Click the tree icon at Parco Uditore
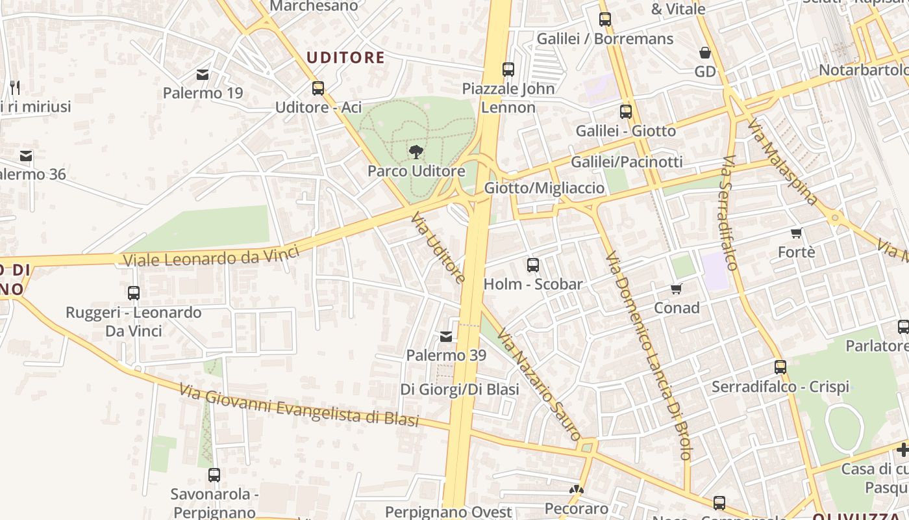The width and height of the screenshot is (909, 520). point(416,152)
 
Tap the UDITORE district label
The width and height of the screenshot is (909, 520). point(345,58)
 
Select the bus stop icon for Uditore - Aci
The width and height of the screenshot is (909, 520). point(318,88)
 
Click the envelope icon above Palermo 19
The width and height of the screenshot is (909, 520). point(203,75)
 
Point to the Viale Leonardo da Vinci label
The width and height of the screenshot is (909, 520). point(211,256)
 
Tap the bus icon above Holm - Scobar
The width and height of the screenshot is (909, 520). point(533,265)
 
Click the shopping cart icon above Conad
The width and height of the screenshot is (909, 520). point(677,289)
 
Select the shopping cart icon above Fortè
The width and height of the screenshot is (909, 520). point(797,233)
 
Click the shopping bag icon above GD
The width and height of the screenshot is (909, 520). point(705,53)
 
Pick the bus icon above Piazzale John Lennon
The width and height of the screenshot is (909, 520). point(508,69)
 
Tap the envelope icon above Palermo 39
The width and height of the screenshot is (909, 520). point(446,337)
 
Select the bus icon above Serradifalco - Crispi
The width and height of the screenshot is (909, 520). point(780,367)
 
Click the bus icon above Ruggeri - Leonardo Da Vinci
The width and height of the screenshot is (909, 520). point(134,293)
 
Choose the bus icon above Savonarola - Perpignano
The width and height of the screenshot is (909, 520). point(214,475)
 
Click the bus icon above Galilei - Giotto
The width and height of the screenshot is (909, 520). point(626,112)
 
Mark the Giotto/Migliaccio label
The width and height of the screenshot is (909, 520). point(545,188)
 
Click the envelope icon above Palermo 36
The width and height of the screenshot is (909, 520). point(26,156)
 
